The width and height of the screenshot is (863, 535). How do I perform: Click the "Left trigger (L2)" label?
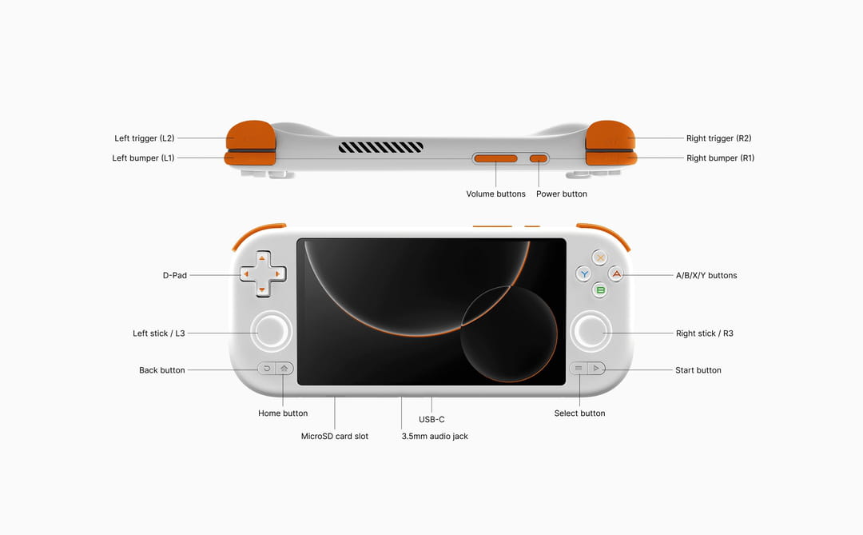coord(145,138)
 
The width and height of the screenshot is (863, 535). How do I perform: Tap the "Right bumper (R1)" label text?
coord(720,158)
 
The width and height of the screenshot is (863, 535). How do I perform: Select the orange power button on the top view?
coord(539,158)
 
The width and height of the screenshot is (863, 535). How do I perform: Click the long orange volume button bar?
coord(495,158)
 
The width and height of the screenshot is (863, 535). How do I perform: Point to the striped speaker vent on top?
coord(380,147)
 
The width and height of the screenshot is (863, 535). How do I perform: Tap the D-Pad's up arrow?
coord(261,259)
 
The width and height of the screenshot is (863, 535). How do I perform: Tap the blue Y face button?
coord(584,273)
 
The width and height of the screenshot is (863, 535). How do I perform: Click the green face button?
coord(599,289)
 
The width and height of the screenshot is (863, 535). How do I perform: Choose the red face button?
coord(615,273)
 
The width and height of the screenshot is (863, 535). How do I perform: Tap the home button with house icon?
coord(284,369)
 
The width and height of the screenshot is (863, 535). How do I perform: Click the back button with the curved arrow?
coord(267,369)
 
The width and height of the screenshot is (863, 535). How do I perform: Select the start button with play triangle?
coord(595,369)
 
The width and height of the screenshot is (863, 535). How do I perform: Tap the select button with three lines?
coord(578,369)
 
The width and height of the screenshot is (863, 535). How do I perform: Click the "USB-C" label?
coord(431,419)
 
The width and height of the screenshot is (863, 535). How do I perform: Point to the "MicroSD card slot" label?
coord(335,437)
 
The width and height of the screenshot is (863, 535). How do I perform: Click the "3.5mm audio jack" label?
coord(435,437)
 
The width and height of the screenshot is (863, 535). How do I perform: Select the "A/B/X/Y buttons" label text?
coord(706,276)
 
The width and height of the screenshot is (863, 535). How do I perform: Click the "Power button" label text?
coord(561,194)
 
